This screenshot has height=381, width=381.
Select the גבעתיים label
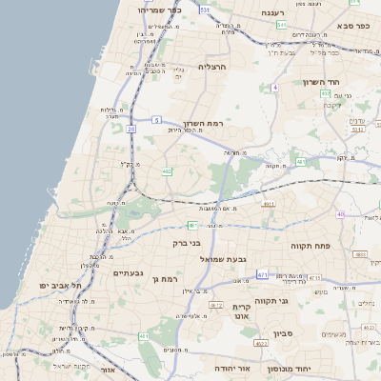[x=128, y=273]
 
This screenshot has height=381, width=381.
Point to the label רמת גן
[x=165, y=279]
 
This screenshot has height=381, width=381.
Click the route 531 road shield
[x=205, y=10]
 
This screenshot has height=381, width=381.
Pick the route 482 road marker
[x=168, y=171]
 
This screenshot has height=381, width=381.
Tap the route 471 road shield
[x=262, y=274]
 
